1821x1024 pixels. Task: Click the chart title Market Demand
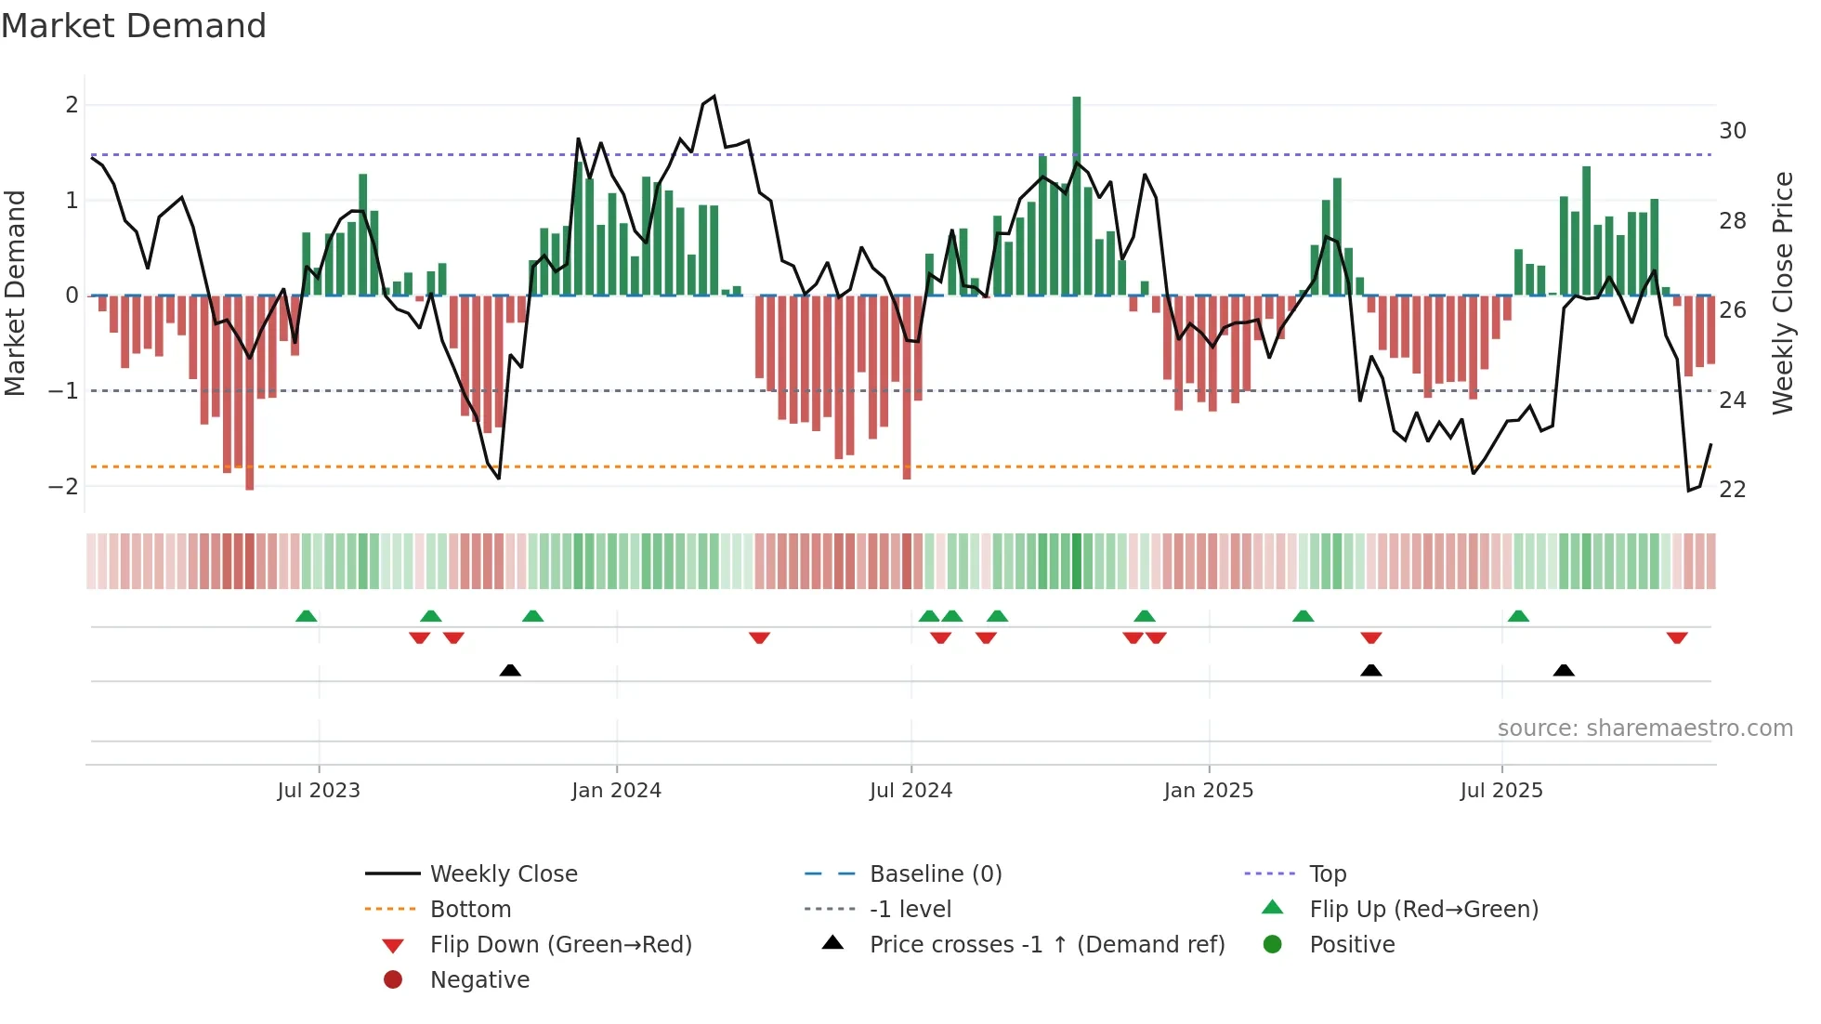coord(134,26)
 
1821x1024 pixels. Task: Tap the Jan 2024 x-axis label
coord(616,791)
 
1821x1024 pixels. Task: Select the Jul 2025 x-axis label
coord(1500,791)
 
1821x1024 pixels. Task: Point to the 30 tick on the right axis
coord(1732,131)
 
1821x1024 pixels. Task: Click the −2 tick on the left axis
coord(63,487)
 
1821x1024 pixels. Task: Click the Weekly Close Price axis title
coord(1782,293)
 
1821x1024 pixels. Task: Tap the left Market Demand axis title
coord(15,293)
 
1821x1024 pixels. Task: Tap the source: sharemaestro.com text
coord(1644,729)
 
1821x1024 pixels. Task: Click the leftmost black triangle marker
coord(510,670)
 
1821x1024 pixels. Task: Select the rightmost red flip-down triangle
coord(1677,637)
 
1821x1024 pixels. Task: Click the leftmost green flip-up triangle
coord(306,616)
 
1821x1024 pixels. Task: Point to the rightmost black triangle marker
coord(1564,670)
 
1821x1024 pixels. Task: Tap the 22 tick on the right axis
coord(1732,490)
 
